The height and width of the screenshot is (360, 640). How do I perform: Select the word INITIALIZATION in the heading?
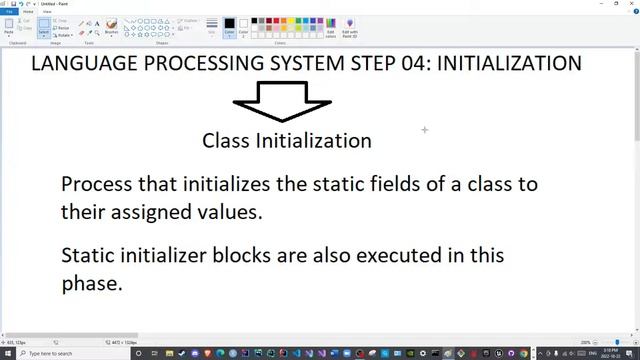[510, 63]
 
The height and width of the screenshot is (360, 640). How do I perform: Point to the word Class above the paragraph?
[226, 141]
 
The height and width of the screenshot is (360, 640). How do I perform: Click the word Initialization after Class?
[314, 141]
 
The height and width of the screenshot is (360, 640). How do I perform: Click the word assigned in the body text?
[150, 212]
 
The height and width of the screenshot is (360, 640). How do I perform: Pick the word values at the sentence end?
[229, 212]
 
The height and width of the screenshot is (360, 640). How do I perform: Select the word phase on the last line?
[91, 283]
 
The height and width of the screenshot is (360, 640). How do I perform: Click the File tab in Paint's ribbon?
[10, 12]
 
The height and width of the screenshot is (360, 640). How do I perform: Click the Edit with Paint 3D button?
[350, 28]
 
